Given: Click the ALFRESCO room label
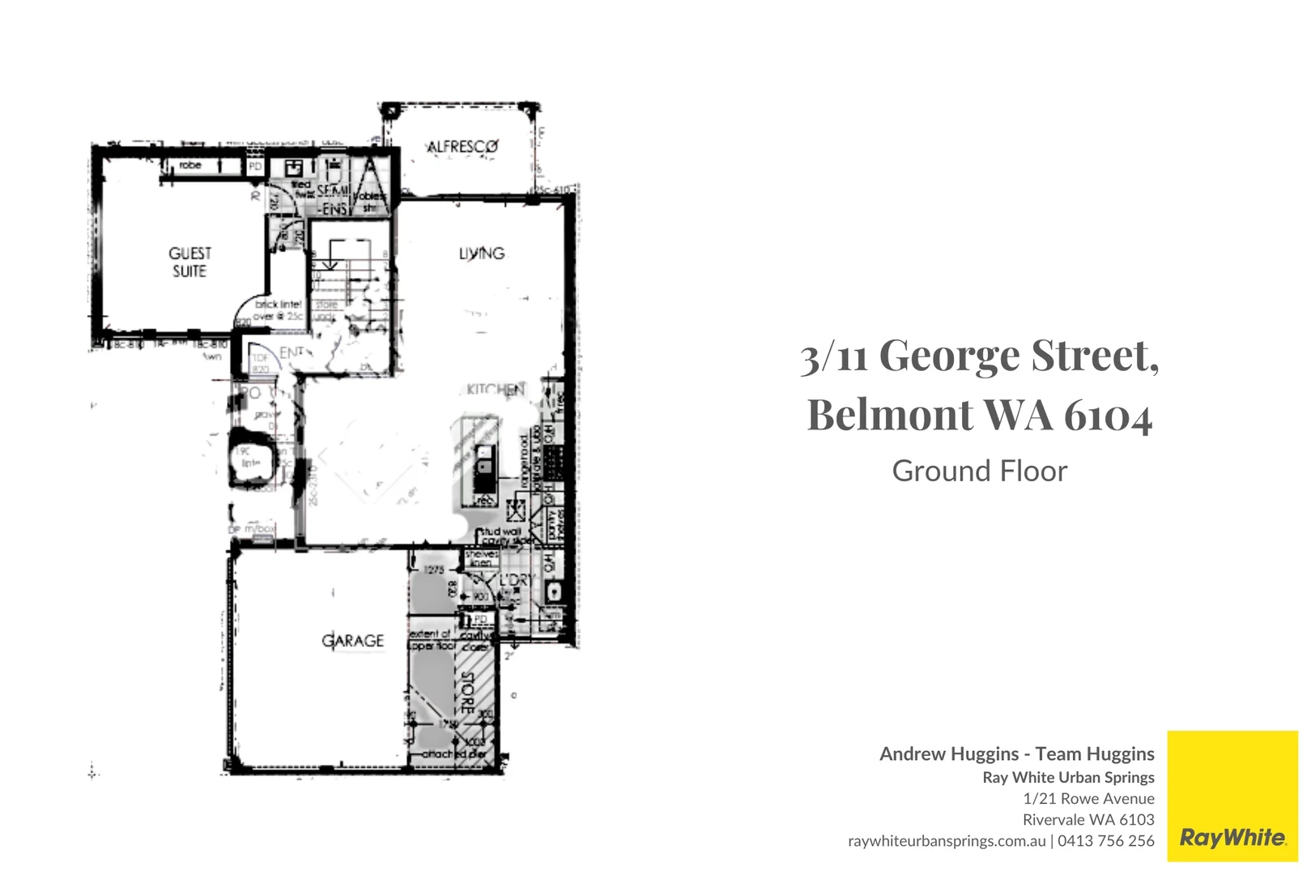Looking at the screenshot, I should [x=462, y=147].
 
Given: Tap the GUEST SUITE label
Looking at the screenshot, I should [x=189, y=262].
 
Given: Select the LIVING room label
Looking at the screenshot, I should [x=482, y=254].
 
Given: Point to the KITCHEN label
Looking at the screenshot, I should [x=496, y=390].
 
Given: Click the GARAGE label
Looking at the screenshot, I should [x=353, y=641].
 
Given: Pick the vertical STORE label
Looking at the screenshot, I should [x=467, y=693].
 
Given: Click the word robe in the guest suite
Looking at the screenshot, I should [x=190, y=165].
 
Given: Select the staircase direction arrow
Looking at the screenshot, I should [x=329, y=262].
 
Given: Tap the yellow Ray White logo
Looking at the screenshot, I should [x=1232, y=796].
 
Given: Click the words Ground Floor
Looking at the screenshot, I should [x=979, y=471].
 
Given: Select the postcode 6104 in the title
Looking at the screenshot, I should [x=1108, y=415].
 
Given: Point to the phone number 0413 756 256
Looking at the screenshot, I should [x=1105, y=841].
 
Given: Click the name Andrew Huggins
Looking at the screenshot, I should [x=948, y=753].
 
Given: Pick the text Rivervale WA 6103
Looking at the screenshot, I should [x=1088, y=819].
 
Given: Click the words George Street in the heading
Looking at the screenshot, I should [x=1018, y=356].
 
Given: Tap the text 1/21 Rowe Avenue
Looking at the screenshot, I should [x=1088, y=798].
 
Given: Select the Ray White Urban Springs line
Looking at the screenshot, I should [x=1068, y=777].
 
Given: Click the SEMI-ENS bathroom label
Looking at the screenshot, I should [x=333, y=199].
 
